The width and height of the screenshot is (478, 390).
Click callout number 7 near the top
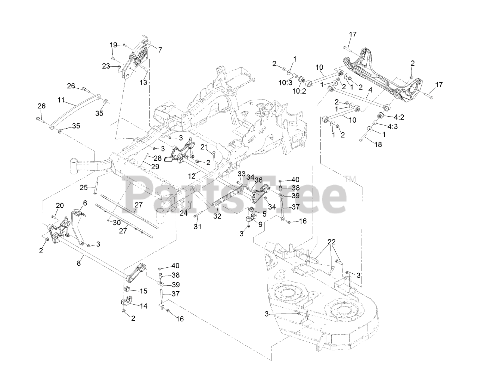(160, 50)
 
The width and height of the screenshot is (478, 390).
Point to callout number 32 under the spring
(217, 216)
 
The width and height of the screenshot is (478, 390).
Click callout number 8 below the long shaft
(78, 263)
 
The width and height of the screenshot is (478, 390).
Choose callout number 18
(378, 144)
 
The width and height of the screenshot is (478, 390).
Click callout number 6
(85, 203)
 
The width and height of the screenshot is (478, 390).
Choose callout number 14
(143, 306)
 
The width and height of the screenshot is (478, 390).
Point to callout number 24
(183, 214)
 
